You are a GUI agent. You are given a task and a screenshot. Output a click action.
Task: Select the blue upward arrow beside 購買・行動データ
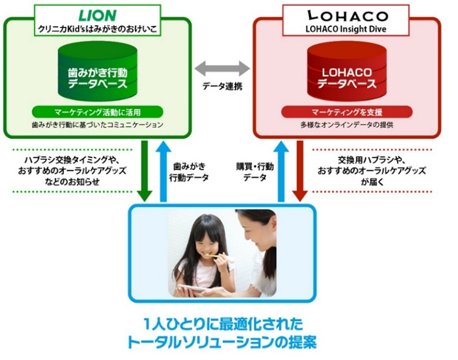point(280,169)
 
